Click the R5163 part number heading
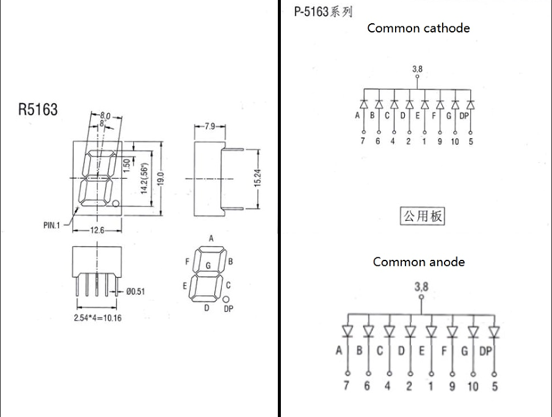[38, 109]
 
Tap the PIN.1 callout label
[51, 225]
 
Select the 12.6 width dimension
[97, 231]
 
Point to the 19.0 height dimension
[161, 179]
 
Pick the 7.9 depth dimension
[210, 126]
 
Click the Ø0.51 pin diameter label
[136, 292]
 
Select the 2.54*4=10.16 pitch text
[98, 318]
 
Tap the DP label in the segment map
[228, 309]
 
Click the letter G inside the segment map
[208, 265]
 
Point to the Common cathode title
[418, 28]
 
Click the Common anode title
[418, 262]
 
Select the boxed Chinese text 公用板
[423, 216]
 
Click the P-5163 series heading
[323, 12]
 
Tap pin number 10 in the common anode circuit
[473, 386]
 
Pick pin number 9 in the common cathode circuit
[440, 142]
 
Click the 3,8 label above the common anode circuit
[421, 287]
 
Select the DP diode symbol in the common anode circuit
[494, 331]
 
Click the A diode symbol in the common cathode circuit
[364, 105]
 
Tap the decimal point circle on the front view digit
[115, 204]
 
